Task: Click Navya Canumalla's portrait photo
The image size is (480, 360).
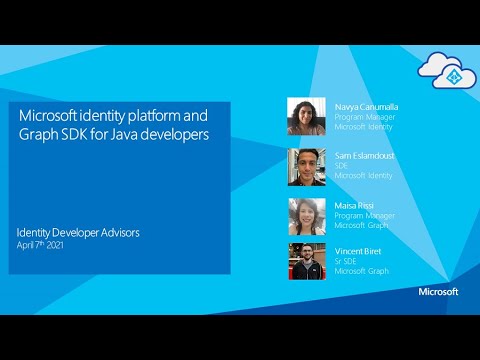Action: coord(306,116)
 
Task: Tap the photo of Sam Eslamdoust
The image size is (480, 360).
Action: coord(306,166)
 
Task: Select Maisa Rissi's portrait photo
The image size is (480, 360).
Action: coord(306,215)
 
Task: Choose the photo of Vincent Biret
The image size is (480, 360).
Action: coord(306,261)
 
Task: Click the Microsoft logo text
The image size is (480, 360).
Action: coord(438,292)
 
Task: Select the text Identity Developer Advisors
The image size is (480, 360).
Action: coord(78,232)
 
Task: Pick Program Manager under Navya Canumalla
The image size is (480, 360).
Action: coord(364,115)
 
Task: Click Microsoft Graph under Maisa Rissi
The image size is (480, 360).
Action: coord(361,225)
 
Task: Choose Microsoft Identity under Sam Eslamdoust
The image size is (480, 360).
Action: coord(363,175)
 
